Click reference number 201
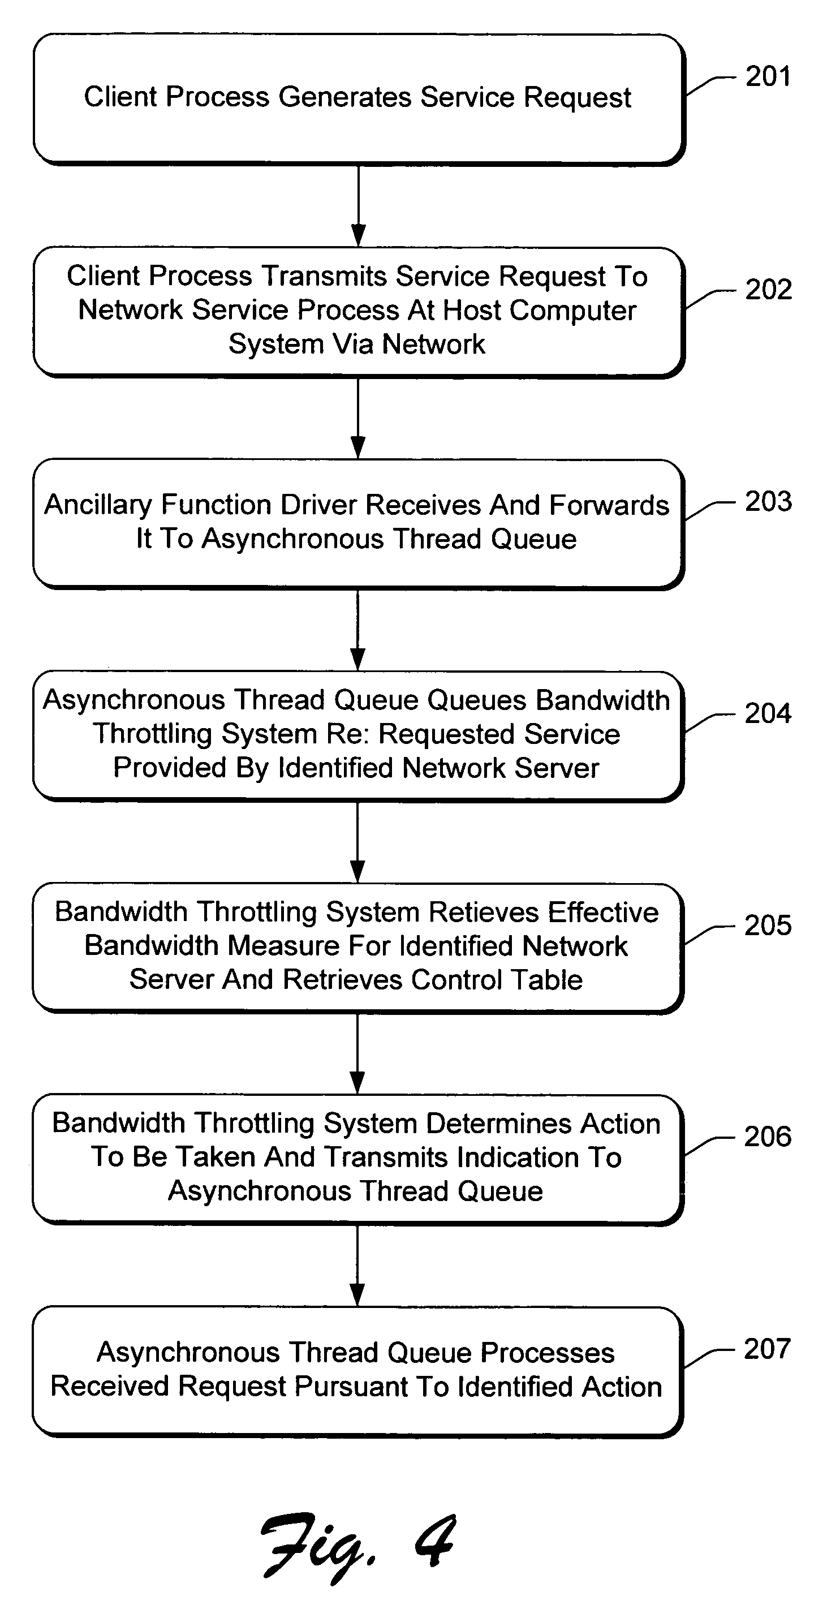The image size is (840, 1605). pyautogui.click(x=768, y=76)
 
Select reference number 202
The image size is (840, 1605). pyautogui.click(x=768, y=290)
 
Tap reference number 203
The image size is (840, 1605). pyautogui.click(x=768, y=502)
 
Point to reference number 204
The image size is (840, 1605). pyautogui.click(x=768, y=713)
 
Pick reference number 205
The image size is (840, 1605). pyautogui.click(x=768, y=925)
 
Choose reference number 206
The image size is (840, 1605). pyautogui.click(x=768, y=1137)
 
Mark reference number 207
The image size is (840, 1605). pyautogui.click(x=767, y=1349)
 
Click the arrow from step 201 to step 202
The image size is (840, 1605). pyautogui.click(x=358, y=205)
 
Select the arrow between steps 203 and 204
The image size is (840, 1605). pyautogui.click(x=357, y=630)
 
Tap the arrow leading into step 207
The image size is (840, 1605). pyautogui.click(x=357, y=1266)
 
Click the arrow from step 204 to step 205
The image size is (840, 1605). pyautogui.click(x=357, y=842)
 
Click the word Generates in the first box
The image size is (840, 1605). pyautogui.click(x=344, y=97)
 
